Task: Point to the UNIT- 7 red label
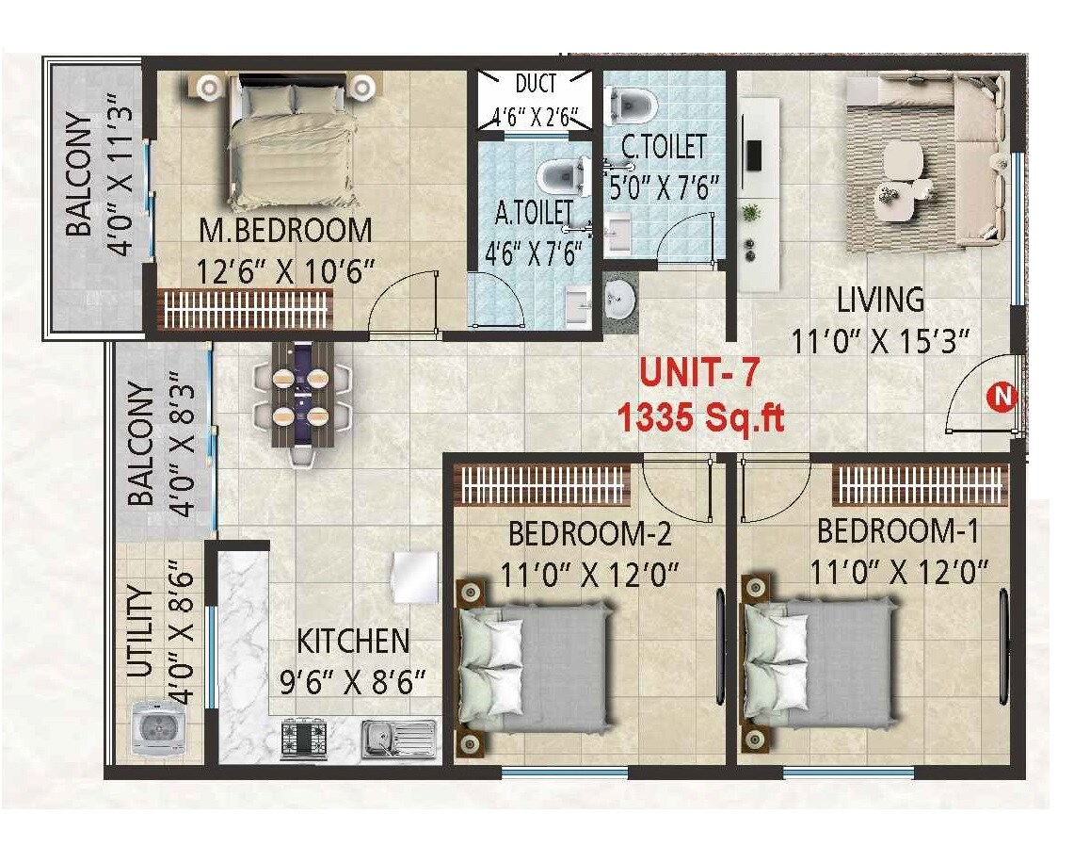698,372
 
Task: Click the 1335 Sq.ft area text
700,417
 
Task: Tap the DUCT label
536,83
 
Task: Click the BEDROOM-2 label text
589,533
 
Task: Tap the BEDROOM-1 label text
898,530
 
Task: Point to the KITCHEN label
353,642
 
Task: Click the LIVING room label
880,300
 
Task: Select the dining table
303,395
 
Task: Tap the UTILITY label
139,632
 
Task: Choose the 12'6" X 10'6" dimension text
286,271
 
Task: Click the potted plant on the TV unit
750,213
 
